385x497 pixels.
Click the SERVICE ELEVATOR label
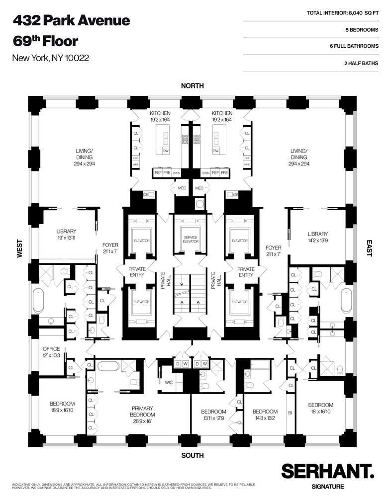(x=191, y=240)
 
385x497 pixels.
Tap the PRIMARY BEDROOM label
(x=142, y=412)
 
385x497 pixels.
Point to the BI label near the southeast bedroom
(x=289, y=412)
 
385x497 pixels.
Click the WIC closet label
(x=168, y=383)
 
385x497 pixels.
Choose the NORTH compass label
(x=192, y=86)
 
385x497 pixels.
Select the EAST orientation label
(x=369, y=248)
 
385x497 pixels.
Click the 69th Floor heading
(x=45, y=40)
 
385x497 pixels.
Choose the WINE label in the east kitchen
(x=246, y=164)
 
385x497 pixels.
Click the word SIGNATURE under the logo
(x=327, y=486)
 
